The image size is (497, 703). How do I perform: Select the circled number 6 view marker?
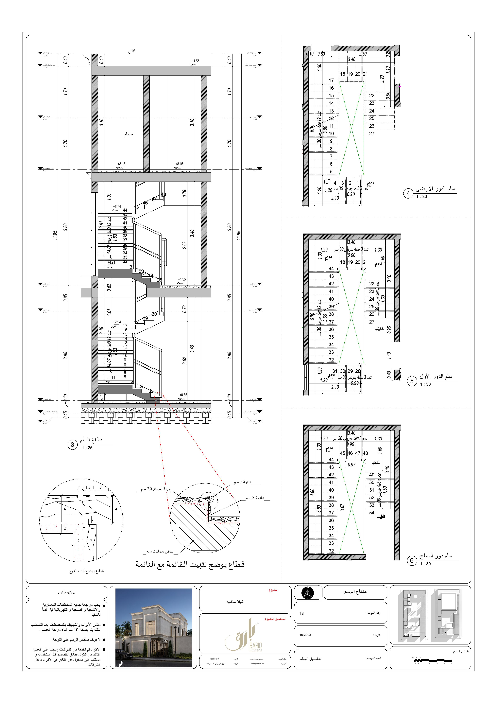coord(412,561)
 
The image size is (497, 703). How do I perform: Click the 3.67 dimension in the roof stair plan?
coord(342,508)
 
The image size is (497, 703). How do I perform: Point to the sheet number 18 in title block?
coord(302,613)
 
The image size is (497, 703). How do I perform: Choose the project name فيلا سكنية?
coord(235,601)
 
